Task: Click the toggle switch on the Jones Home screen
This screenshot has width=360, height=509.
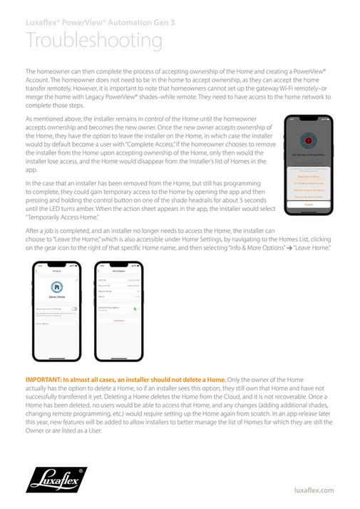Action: click(74, 309)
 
